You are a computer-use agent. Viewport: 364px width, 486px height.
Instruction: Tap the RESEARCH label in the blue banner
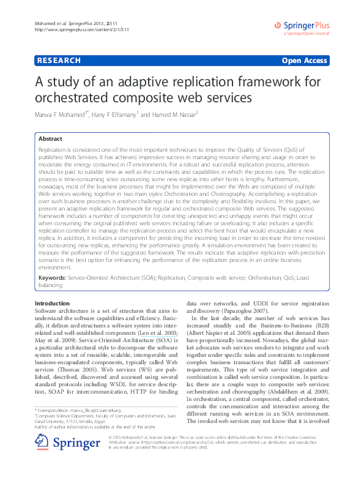(x=59, y=61)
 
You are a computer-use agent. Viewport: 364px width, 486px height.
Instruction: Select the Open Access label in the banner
(x=303, y=61)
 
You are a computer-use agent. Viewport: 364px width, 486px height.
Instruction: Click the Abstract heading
(x=50, y=139)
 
